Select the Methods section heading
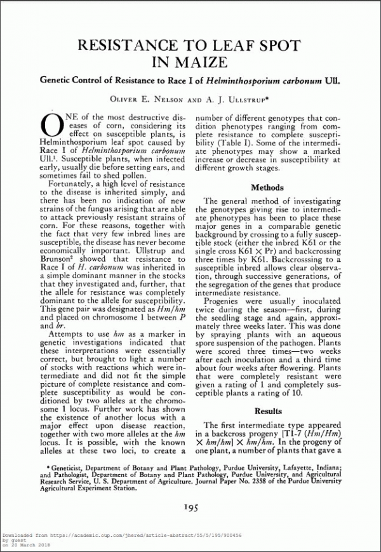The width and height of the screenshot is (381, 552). pos(267,188)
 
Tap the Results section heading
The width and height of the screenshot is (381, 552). pos(267,412)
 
